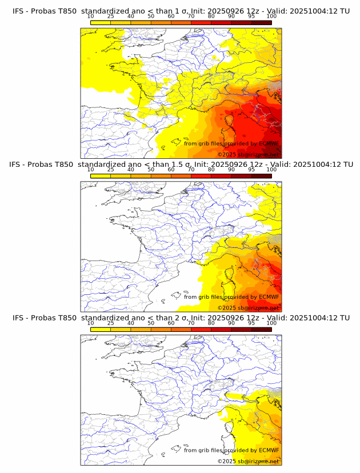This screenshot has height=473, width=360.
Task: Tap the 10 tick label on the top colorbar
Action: click(x=91, y=17)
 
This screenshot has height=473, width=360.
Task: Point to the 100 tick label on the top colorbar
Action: click(x=271, y=17)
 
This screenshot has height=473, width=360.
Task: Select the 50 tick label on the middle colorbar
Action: click(x=151, y=170)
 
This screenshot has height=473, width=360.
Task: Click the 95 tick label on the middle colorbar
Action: click(x=251, y=170)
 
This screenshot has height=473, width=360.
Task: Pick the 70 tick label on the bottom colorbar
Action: click(x=191, y=323)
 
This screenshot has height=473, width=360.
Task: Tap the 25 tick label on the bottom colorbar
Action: click(x=111, y=323)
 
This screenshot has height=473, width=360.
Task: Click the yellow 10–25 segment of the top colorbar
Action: click(x=101, y=22)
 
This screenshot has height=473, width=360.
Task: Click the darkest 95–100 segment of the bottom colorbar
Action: click(x=261, y=329)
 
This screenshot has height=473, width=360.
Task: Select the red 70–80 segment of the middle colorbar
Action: click(x=201, y=175)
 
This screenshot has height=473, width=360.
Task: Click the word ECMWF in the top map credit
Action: click(x=269, y=144)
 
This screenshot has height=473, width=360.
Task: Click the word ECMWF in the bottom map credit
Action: click(x=269, y=450)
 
